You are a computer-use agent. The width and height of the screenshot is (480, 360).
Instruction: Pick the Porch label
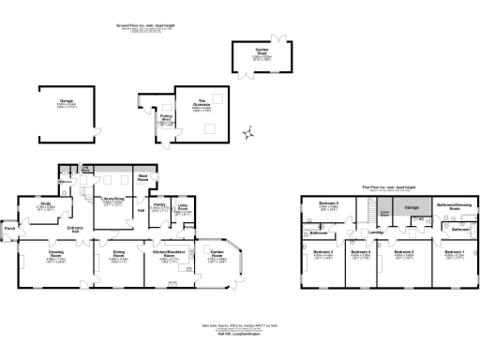click(x=10, y=228)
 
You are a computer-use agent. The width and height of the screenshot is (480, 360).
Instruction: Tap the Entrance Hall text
click(x=64, y=228)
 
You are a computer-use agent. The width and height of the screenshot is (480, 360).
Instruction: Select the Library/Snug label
click(x=112, y=200)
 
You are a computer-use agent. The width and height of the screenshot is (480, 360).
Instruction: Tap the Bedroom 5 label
click(x=327, y=203)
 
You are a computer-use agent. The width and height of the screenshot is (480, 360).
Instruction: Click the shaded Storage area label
click(x=411, y=209)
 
